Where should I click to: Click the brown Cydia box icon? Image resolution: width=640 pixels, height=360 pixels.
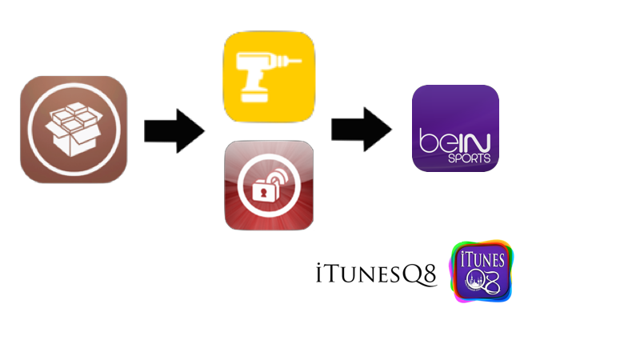[74, 130]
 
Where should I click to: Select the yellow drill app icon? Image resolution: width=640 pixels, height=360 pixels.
[269, 77]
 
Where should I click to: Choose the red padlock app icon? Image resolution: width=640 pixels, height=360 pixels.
[269, 186]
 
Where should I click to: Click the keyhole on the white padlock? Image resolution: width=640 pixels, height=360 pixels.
[262, 194]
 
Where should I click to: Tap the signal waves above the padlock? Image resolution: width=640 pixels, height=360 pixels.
[276, 176]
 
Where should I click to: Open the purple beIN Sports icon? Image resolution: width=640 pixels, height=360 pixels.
[455, 128]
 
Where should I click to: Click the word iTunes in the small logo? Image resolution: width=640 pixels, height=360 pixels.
[482, 260]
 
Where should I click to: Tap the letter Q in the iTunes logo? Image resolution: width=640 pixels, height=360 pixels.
[474, 281]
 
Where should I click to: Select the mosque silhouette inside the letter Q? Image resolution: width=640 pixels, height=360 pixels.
[474, 282]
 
